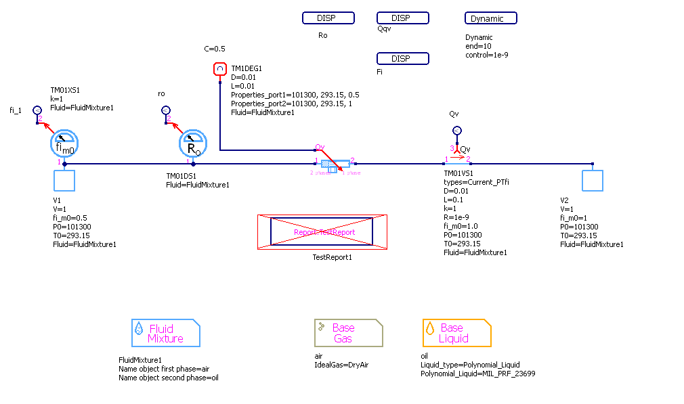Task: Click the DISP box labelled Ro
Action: coord(328,18)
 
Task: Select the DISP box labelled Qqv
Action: coord(402,18)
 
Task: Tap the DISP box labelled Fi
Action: coord(402,59)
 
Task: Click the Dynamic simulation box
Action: coord(491,18)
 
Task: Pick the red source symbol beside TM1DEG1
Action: coord(219,69)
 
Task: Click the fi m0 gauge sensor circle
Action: coord(64,143)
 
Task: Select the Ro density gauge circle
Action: coord(193,143)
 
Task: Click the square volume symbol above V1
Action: coord(64,181)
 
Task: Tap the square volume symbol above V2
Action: coord(593,181)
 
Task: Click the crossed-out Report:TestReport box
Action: coord(322,232)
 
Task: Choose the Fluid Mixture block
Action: coord(165,333)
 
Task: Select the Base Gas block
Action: coord(348,333)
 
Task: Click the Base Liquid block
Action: coord(456,333)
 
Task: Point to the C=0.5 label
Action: coord(215,49)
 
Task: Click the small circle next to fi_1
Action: coord(37,110)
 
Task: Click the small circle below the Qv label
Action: coord(456,131)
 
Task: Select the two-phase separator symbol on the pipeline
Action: coord(335,164)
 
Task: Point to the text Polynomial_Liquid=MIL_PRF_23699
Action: coord(477,374)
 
